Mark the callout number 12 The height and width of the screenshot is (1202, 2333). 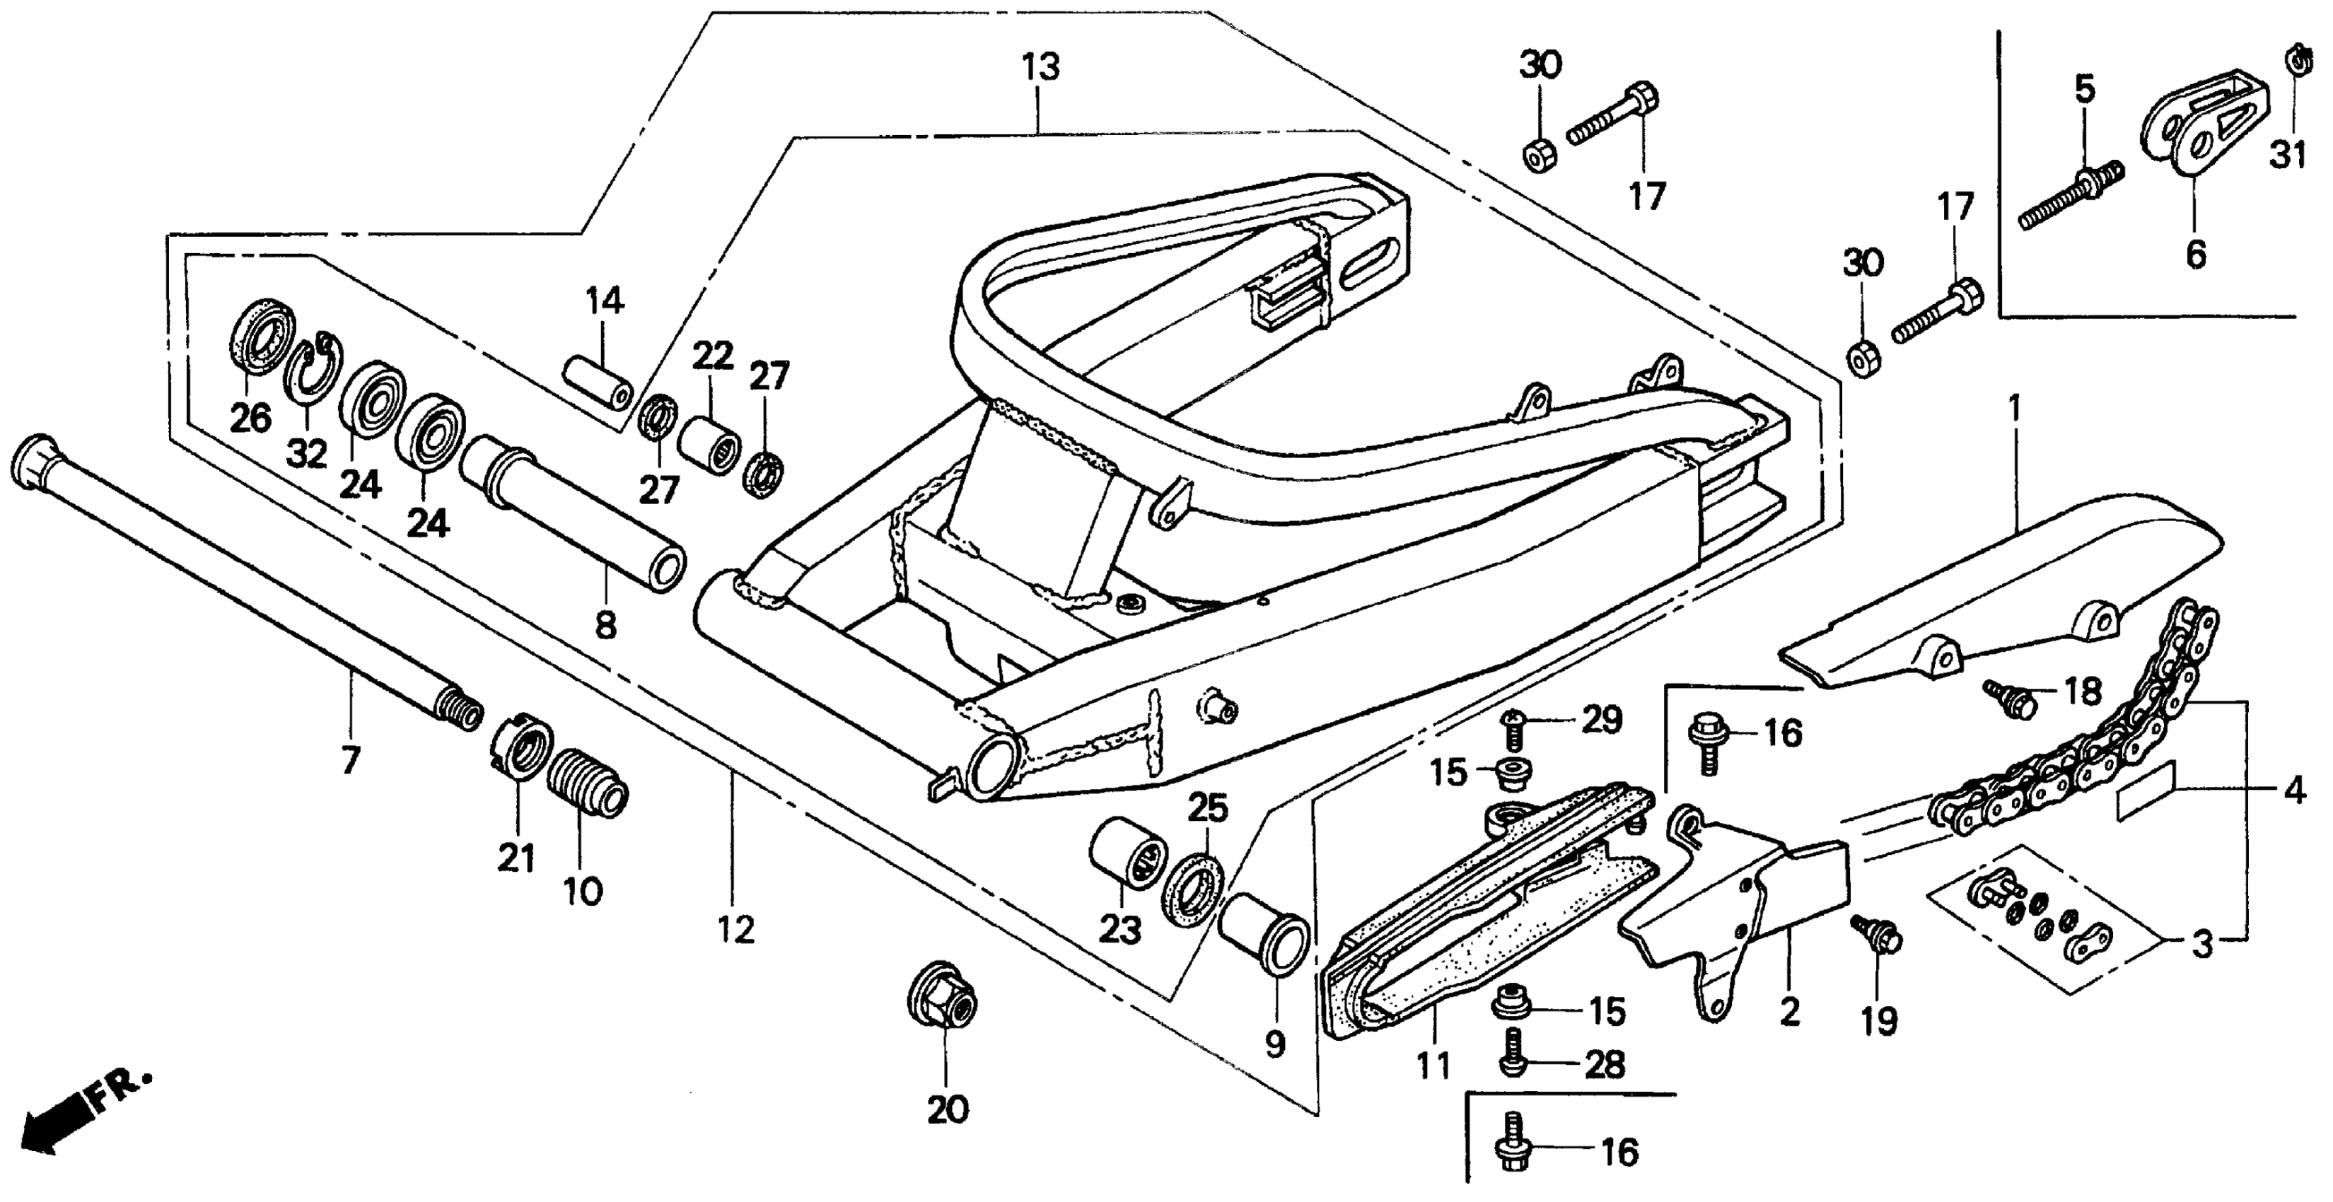(736, 929)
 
